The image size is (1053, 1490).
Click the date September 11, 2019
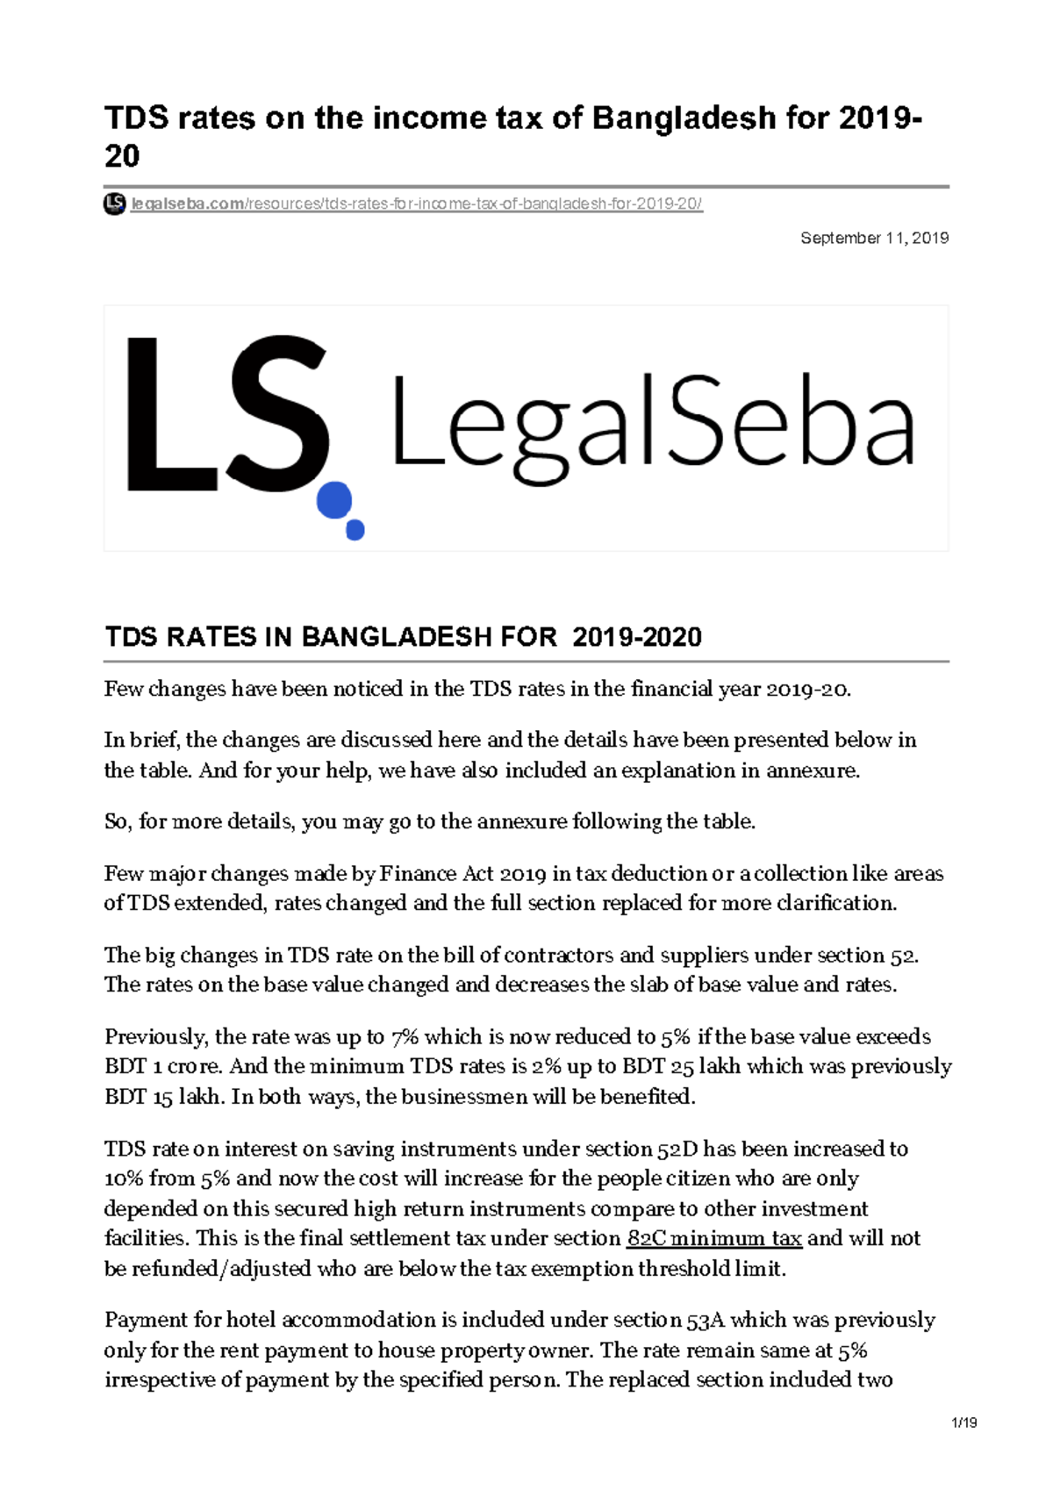point(874,238)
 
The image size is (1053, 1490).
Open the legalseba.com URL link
point(416,204)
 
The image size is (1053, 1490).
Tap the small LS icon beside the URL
point(114,204)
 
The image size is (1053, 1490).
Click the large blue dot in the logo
point(333,500)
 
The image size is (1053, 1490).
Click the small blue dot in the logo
point(355,530)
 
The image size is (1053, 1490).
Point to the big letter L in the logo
point(162,414)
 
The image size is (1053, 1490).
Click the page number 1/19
point(963,1422)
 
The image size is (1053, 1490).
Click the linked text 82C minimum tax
point(714,1238)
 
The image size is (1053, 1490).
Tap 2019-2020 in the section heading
point(636,637)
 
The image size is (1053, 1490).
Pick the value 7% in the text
point(405,1036)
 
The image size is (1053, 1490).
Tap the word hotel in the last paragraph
point(251,1320)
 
